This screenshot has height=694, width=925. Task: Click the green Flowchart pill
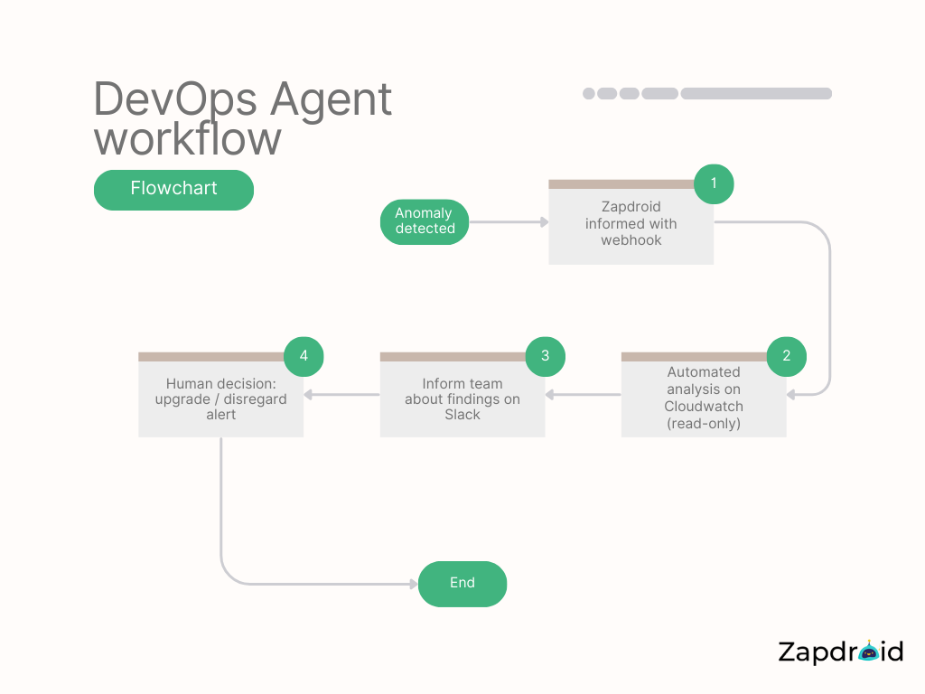pyautogui.click(x=173, y=190)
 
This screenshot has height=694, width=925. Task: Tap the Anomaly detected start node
pyautogui.click(x=425, y=221)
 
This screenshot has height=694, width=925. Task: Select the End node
pyautogui.click(x=462, y=584)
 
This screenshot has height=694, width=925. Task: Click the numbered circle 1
pyautogui.click(x=714, y=183)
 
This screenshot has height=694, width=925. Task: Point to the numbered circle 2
pyautogui.click(x=787, y=356)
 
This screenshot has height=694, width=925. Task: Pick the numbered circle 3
pyautogui.click(x=545, y=356)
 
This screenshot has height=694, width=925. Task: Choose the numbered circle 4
pyautogui.click(x=304, y=356)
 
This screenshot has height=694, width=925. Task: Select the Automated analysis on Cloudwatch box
pyautogui.click(x=703, y=399)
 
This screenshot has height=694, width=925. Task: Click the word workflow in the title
pyautogui.click(x=187, y=140)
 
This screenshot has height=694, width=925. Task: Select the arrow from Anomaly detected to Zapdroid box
pyautogui.click(x=509, y=221)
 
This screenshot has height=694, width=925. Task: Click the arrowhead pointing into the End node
pyautogui.click(x=413, y=584)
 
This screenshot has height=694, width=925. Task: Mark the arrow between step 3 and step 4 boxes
pyautogui.click(x=341, y=394)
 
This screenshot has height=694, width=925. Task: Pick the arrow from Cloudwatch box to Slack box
pyautogui.click(x=583, y=394)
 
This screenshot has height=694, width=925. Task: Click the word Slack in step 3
pyautogui.click(x=462, y=415)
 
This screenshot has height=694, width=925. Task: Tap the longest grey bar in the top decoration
pyautogui.click(x=756, y=93)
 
